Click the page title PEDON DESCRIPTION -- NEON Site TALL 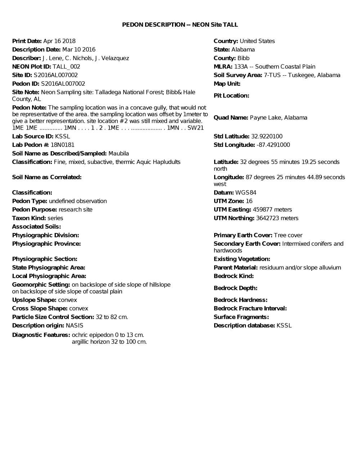180,24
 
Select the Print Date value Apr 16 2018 59,41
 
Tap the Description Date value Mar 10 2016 79,50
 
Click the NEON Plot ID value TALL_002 66,67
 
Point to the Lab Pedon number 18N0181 62,145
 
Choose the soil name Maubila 119,153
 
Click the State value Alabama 243,50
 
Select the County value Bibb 243,58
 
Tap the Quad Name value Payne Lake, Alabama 279,118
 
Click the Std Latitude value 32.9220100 267,136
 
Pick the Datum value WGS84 246,193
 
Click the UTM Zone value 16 249,201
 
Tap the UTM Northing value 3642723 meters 277,218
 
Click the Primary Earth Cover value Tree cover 288,236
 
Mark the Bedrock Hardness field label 240,300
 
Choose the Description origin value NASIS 75,326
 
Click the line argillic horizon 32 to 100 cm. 109,342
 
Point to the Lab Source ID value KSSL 62,136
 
